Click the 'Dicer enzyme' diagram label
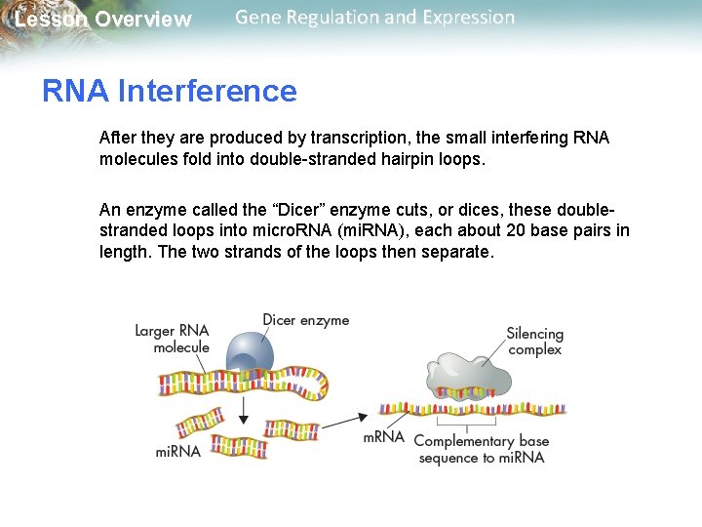pos(305,320)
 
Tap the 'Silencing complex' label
pos(534,342)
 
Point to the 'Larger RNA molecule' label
pos(172,339)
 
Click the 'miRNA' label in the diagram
pos(178,451)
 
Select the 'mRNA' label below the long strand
pos(383,437)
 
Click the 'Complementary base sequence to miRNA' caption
pos(481,449)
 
